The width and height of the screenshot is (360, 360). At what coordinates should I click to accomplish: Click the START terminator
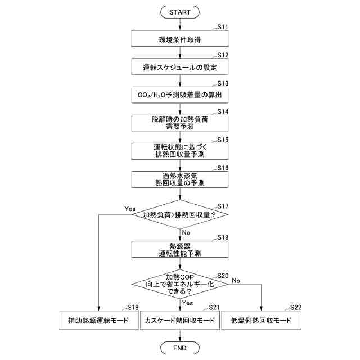tap(180, 11)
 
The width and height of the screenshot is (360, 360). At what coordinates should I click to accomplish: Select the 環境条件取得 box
tap(180, 39)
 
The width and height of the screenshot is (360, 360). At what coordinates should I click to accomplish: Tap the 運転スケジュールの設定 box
tap(180, 67)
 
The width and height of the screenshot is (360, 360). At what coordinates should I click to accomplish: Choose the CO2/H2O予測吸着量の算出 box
tap(180, 95)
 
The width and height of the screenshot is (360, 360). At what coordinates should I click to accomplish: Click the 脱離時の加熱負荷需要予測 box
tap(180, 123)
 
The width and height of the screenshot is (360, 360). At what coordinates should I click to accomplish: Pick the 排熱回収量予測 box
tap(180, 151)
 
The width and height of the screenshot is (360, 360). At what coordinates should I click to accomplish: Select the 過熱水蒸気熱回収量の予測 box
tap(180, 179)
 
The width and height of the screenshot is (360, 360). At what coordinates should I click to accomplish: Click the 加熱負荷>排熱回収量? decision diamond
tap(180, 214)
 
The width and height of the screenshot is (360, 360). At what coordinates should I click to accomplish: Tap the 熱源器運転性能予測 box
tap(180, 249)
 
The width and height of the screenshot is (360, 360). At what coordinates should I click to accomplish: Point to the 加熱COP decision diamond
tap(180, 284)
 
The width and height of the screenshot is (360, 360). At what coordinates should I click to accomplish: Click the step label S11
tap(223, 27)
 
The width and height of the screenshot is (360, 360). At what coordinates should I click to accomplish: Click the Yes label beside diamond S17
tap(130, 209)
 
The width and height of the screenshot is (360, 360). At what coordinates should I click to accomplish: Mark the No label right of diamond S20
tap(236, 280)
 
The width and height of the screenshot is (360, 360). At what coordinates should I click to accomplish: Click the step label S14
tap(223, 111)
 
